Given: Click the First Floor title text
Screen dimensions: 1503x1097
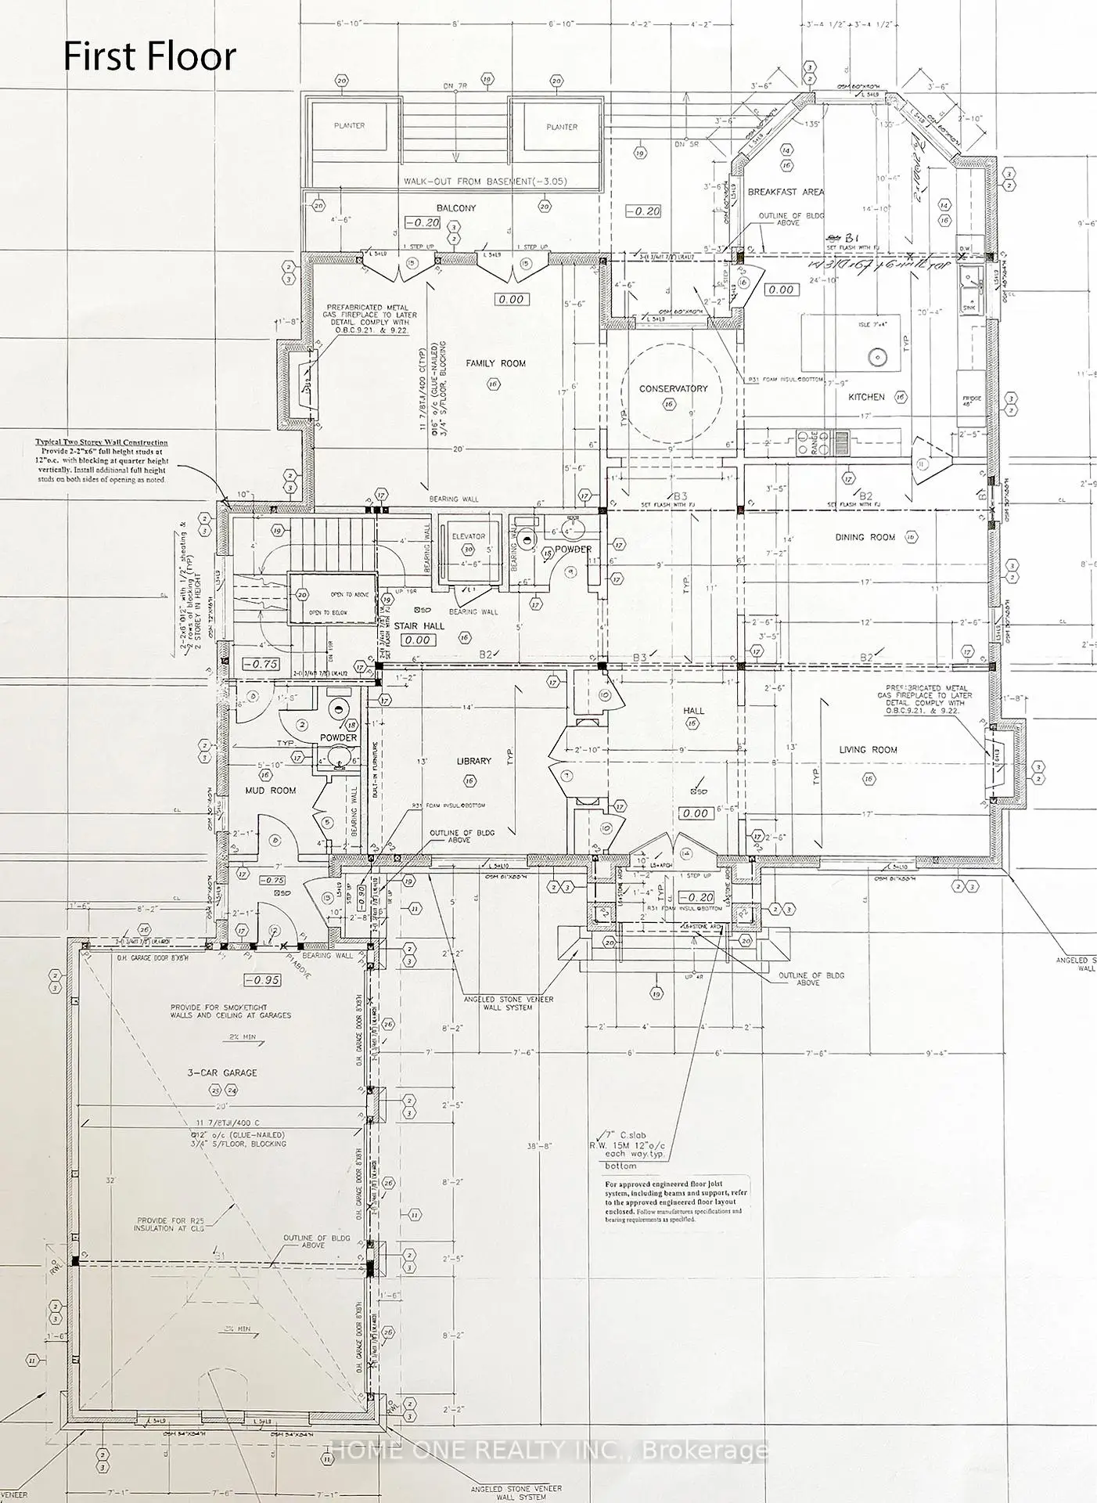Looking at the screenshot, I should click(x=149, y=57).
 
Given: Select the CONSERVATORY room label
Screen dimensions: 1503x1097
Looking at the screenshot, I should click(x=673, y=388).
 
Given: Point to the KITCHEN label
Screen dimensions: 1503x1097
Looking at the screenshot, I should click(x=866, y=397).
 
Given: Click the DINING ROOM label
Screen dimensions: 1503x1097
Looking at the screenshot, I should click(x=865, y=537).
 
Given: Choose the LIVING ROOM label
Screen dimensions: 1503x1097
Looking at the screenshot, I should click(x=868, y=749).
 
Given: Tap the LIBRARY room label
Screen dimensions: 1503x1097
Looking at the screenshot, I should click(x=474, y=761).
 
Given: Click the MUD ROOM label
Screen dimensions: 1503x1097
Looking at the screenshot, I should click(x=272, y=791).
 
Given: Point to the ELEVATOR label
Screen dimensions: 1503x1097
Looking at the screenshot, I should click(x=468, y=536).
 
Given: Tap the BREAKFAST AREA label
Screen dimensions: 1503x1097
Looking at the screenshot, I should click(x=786, y=192).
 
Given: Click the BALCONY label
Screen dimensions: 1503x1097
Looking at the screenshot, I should click(x=456, y=208).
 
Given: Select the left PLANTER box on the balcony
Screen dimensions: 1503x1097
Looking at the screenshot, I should click(x=349, y=126).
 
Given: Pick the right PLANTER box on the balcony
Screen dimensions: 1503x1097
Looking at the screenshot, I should click(x=561, y=127).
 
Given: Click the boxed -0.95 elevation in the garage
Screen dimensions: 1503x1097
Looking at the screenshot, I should click(x=262, y=980).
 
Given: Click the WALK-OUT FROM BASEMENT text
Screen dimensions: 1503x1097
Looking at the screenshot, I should click(x=484, y=181).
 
